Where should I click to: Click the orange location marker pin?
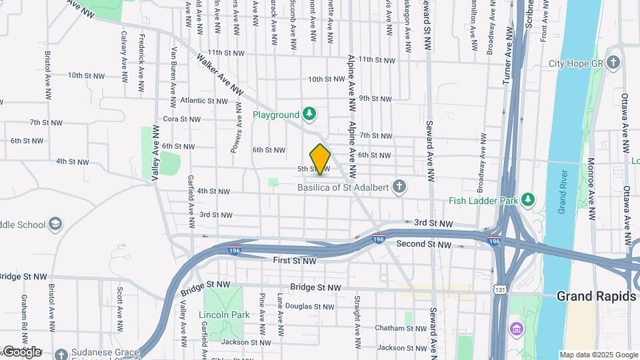[321, 159]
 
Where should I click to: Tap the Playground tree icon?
[309, 115]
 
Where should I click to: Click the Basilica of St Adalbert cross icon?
[399, 185]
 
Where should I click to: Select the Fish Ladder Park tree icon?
[528, 199]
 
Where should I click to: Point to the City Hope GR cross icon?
[614, 63]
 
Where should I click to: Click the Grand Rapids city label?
[596, 297]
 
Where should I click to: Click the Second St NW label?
[424, 245]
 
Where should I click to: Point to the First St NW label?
[294, 261]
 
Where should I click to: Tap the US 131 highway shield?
[499, 289]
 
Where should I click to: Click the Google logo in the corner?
[21, 351]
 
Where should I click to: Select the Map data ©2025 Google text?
[599, 355]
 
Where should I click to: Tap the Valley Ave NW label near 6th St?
[155, 154]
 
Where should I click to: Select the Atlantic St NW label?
[203, 101]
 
